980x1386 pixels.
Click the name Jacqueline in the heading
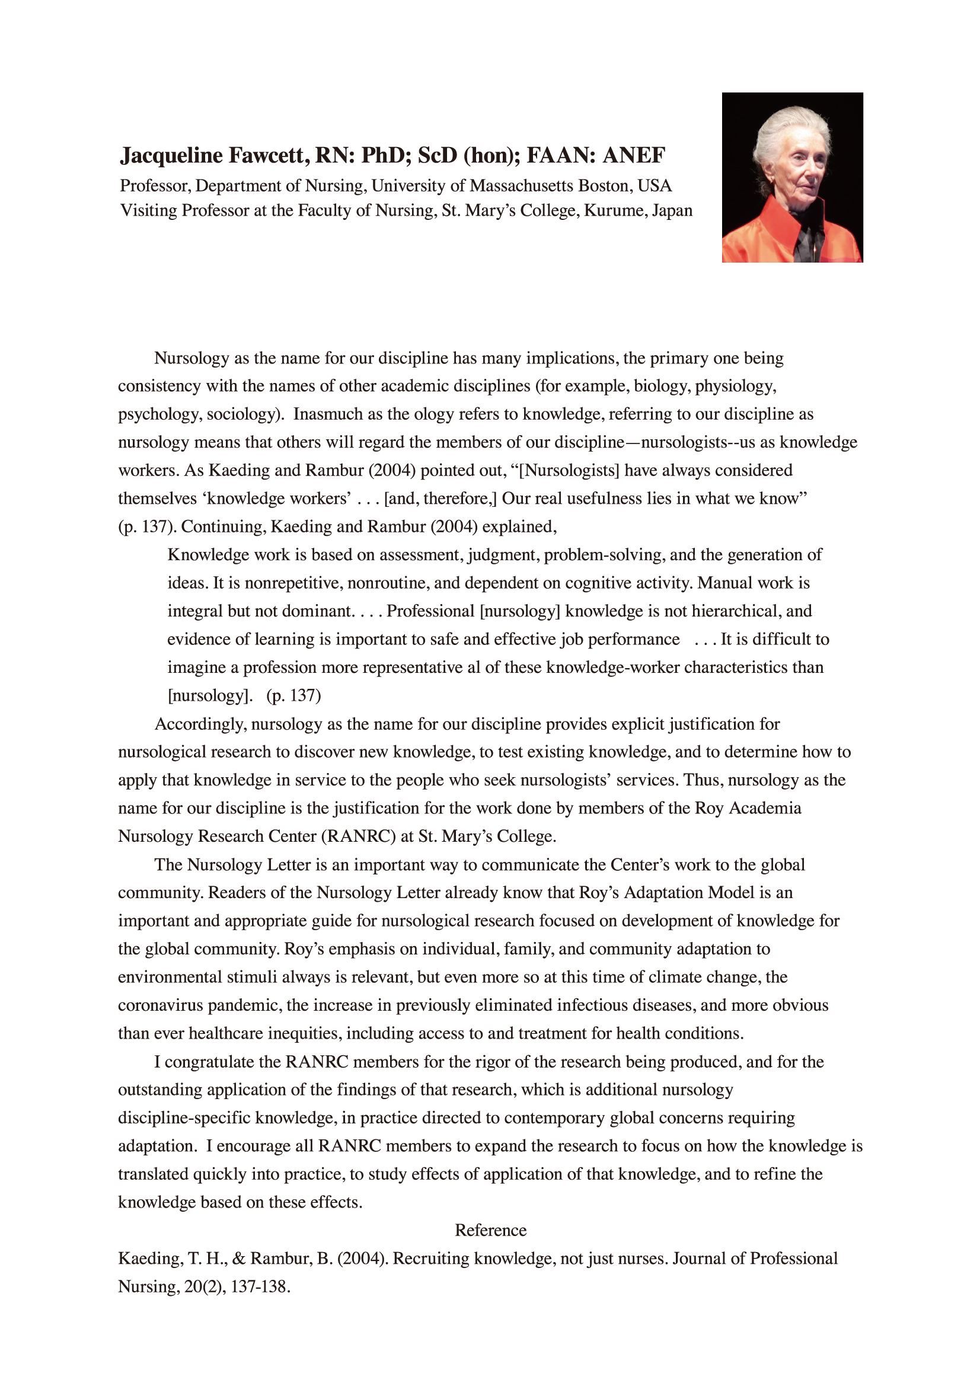click(x=171, y=156)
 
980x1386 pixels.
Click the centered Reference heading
click(x=490, y=1231)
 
